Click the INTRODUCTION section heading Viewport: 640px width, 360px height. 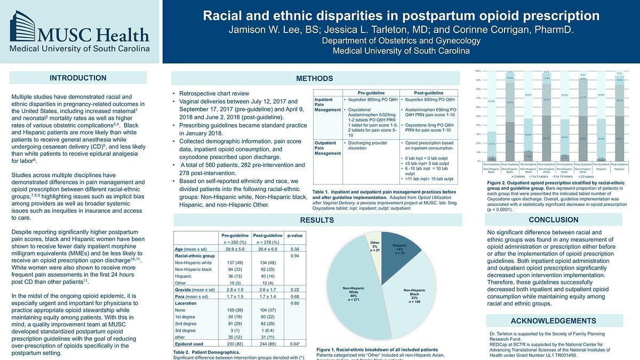(x=78, y=78)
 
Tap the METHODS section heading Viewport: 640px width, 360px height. (x=314, y=78)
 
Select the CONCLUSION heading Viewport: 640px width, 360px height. (x=553, y=220)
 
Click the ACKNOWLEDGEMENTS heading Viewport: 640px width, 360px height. (x=553, y=321)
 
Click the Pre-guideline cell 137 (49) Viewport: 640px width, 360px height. (x=235, y=263)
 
